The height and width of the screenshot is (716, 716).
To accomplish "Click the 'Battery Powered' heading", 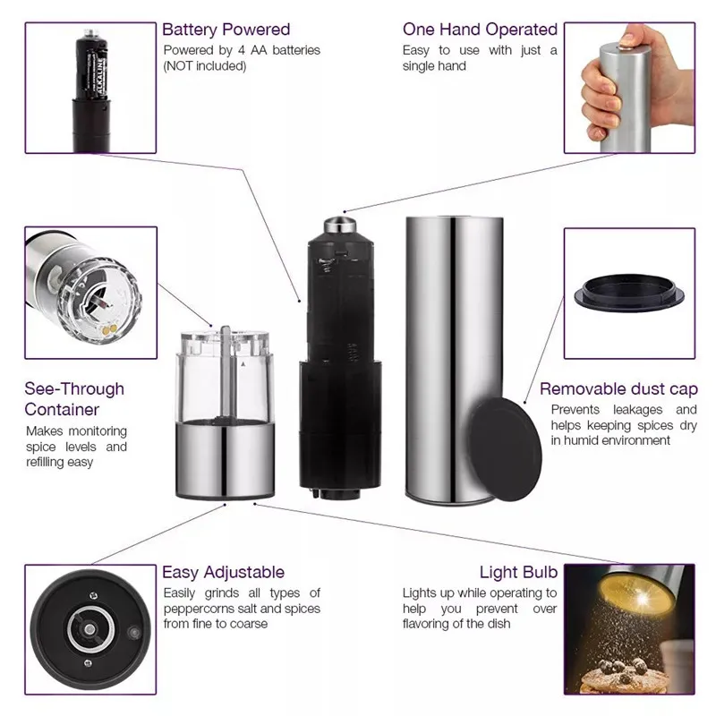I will [x=226, y=30].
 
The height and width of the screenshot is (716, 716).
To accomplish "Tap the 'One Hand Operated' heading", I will [x=480, y=30].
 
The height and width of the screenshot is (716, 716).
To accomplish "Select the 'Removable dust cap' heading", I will [x=618, y=389].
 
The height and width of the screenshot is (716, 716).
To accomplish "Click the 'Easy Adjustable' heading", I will [x=223, y=572].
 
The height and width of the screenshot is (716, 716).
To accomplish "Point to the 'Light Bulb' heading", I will [x=518, y=572].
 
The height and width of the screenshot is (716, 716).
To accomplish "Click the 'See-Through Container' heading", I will [x=74, y=399].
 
